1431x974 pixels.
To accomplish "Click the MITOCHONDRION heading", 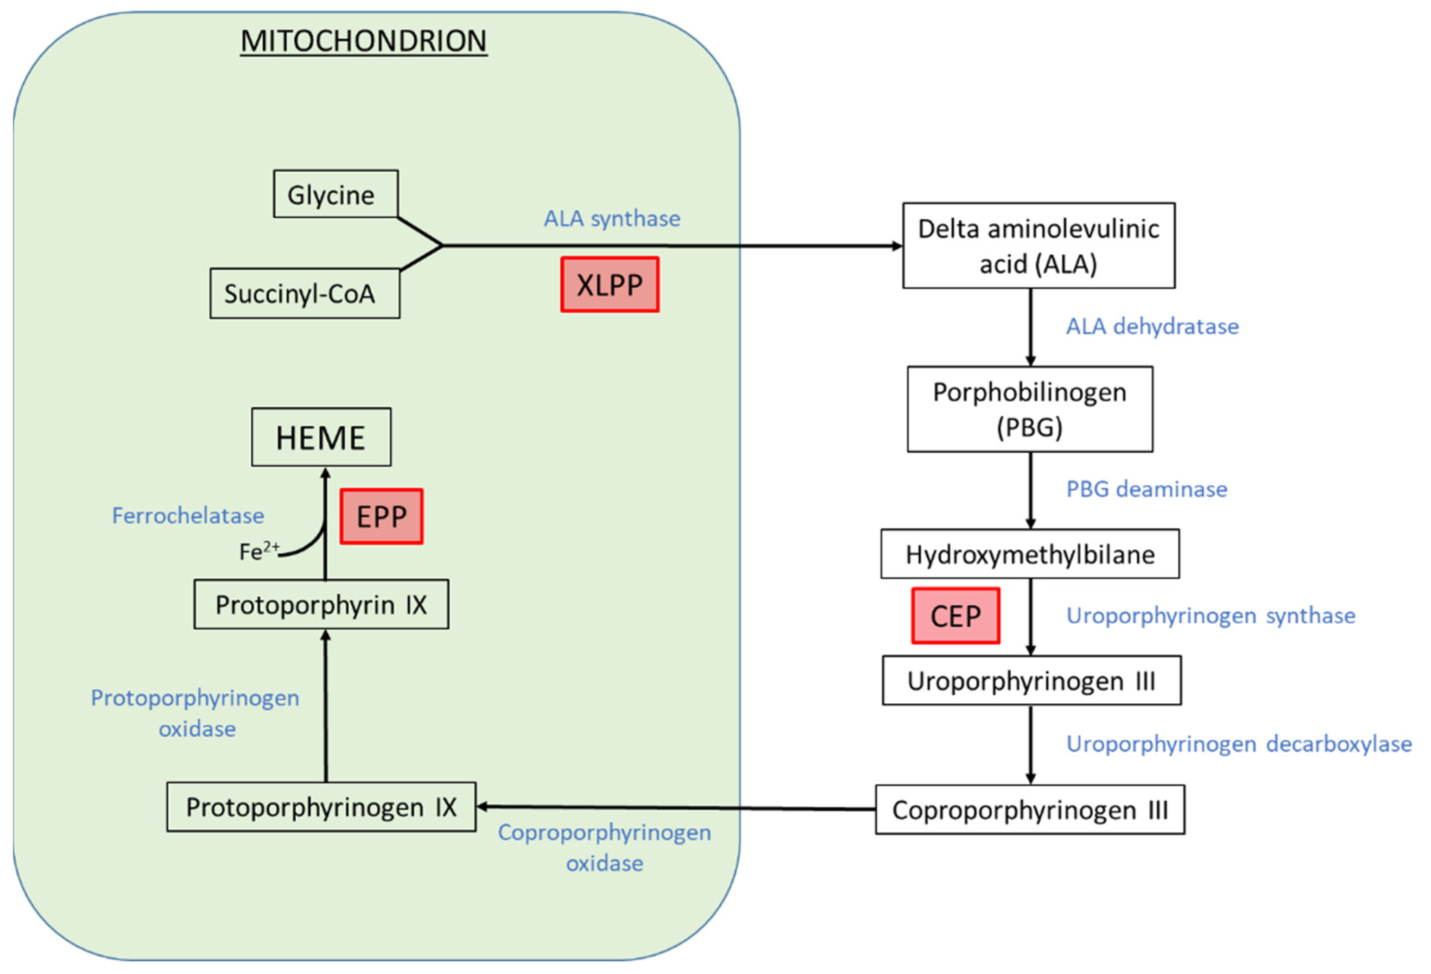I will (x=363, y=41).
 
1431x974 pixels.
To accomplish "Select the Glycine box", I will (x=336, y=195).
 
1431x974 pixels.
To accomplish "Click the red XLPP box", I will (x=609, y=285).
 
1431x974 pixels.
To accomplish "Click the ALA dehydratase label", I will (x=1152, y=326).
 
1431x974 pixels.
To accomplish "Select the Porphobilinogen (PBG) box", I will (x=1030, y=410).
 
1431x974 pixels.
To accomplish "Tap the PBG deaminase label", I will (x=1146, y=489).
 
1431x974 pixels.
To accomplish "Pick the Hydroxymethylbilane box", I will (x=1030, y=554).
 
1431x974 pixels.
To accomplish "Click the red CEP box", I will (x=955, y=616).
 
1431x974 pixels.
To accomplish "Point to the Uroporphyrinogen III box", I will (x=1032, y=681).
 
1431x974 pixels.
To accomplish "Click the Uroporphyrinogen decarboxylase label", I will (x=1238, y=744).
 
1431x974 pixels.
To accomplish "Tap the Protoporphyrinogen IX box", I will (x=321, y=807).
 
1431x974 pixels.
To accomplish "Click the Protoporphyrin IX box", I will (x=321, y=605).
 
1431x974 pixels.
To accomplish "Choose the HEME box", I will (x=321, y=437).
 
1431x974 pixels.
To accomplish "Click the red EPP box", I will (x=381, y=517).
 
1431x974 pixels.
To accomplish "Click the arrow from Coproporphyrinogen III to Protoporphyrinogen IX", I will (x=678, y=808).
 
